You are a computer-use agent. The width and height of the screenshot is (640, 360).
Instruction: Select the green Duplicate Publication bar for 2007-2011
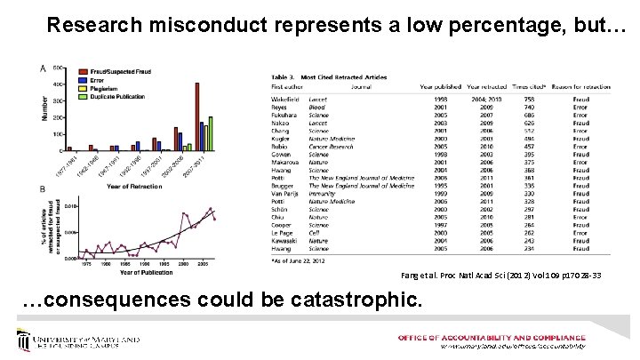tap(210, 134)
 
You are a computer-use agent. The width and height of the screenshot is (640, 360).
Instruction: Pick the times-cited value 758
tap(504, 100)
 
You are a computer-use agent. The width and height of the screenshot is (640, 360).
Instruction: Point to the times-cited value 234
tap(504, 248)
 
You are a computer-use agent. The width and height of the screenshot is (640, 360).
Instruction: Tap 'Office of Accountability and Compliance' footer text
tap(492, 338)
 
